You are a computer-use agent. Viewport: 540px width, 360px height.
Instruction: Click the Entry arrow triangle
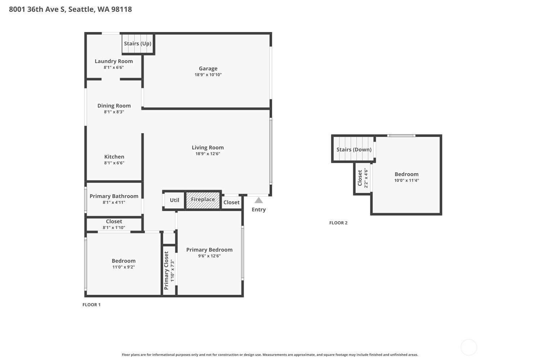[259, 201]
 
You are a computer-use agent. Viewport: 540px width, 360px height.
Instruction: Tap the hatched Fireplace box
[203, 200]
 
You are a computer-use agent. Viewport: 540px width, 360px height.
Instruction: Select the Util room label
[175, 200]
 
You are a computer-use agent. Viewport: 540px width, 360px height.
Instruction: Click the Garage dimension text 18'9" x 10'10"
[208, 75]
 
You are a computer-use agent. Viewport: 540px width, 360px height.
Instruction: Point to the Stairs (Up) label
[138, 44]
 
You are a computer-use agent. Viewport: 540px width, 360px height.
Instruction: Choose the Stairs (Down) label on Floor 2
[354, 149]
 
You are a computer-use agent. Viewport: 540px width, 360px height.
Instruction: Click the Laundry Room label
[114, 61]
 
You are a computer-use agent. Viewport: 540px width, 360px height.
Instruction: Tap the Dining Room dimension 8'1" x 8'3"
[114, 112]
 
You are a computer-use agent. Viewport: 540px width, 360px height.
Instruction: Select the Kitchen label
[114, 157]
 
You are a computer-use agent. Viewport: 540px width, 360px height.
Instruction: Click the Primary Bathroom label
[114, 196]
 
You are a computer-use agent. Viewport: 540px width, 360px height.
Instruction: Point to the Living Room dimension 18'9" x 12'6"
[208, 154]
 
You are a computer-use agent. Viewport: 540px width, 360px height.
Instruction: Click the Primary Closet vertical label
[166, 271]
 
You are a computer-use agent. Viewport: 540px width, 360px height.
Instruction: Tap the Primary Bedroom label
[210, 250]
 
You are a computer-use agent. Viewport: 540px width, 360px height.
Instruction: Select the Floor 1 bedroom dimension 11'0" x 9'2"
[124, 267]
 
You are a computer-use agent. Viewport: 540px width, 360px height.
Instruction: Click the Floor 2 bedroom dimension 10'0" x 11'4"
[407, 180]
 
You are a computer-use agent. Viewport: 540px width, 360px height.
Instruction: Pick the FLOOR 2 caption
[338, 223]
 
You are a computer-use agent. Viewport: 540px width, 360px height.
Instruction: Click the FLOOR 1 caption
[91, 305]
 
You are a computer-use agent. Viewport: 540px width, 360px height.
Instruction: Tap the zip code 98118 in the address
[122, 9]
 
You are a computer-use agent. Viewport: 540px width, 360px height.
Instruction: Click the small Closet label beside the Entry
[231, 203]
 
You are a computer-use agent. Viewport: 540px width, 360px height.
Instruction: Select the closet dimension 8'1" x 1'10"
[114, 228]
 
